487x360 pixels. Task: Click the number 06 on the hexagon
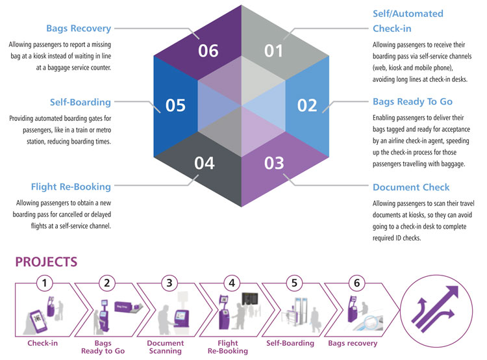pos(208,50)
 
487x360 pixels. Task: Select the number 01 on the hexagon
pos(273,50)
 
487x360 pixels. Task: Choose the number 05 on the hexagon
pos(175,105)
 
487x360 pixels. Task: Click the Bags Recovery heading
pos(79,29)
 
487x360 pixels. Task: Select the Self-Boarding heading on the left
pos(80,102)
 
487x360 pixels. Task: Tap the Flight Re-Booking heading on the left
pos(71,187)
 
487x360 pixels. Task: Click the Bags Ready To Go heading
pos(412,102)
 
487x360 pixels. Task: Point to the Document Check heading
pos(411,187)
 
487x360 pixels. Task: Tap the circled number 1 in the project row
pos(44,283)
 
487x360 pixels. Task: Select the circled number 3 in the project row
pos(169,283)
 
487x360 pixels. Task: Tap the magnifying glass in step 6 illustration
pos(373,323)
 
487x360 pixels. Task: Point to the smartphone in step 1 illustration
pos(36,321)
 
